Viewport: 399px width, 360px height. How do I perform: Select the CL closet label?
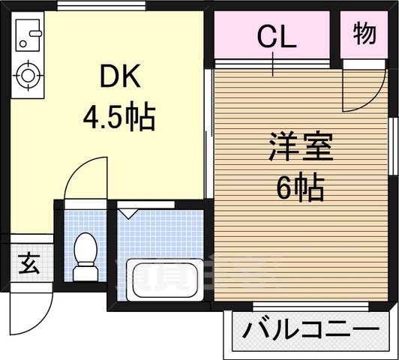277,35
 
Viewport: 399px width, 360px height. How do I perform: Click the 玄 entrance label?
27,263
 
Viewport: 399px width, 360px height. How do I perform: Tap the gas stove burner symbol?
28,75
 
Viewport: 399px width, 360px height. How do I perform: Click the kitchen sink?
28,34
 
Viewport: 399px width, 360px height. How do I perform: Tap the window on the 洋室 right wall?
393,146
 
